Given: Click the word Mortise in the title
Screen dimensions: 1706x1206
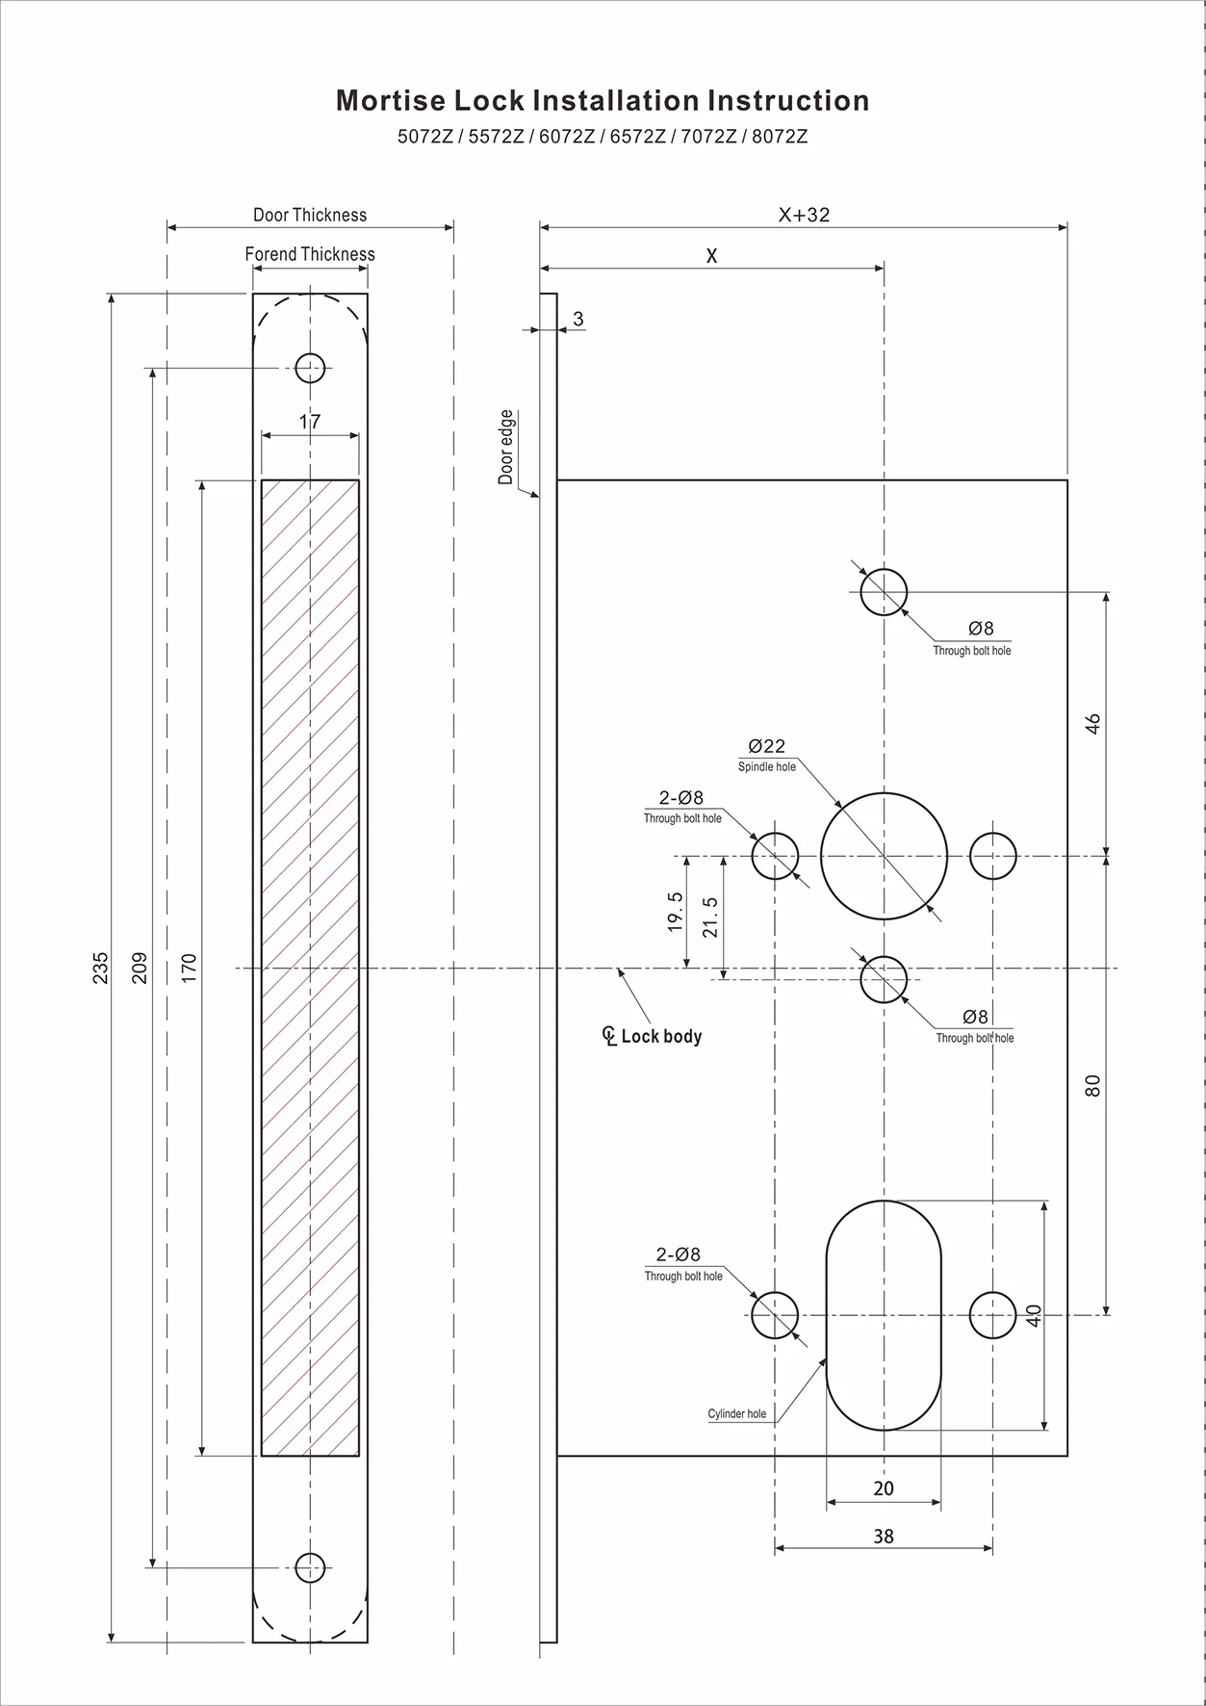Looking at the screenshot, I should (x=390, y=101).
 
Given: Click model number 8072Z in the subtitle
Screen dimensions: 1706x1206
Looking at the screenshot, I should (x=780, y=137).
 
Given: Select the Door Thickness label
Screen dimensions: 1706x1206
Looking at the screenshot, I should (x=310, y=215).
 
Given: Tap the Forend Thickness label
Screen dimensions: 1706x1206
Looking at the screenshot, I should (x=310, y=254).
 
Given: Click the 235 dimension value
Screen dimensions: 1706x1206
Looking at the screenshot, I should (x=100, y=968).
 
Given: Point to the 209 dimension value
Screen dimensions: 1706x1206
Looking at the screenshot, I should (x=140, y=968).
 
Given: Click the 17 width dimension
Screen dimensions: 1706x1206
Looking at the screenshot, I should (x=310, y=422).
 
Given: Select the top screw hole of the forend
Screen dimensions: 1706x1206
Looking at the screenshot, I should (x=310, y=368).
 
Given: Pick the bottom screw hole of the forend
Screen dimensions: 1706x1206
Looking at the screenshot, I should (x=310, y=1567).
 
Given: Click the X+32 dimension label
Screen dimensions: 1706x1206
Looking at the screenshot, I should (x=804, y=215).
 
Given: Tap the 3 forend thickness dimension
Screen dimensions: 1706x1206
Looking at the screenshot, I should (x=577, y=319).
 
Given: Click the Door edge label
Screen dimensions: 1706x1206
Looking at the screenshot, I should (x=506, y=448).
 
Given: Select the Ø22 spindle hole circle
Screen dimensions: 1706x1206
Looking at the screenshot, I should (x=884, y=856).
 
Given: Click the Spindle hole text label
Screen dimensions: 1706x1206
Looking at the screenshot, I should (x=767, y=767).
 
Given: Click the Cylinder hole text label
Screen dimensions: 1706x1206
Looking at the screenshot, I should (x=737, y=1414).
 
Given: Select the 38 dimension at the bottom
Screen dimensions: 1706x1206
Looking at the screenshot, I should (x=884, y=1537).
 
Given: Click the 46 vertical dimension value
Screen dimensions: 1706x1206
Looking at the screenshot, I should (x=1092, y=724).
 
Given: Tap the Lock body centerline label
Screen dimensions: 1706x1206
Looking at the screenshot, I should (x=660, y=1037).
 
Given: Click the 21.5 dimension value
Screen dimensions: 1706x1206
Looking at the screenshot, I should (x=710, y=917).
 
